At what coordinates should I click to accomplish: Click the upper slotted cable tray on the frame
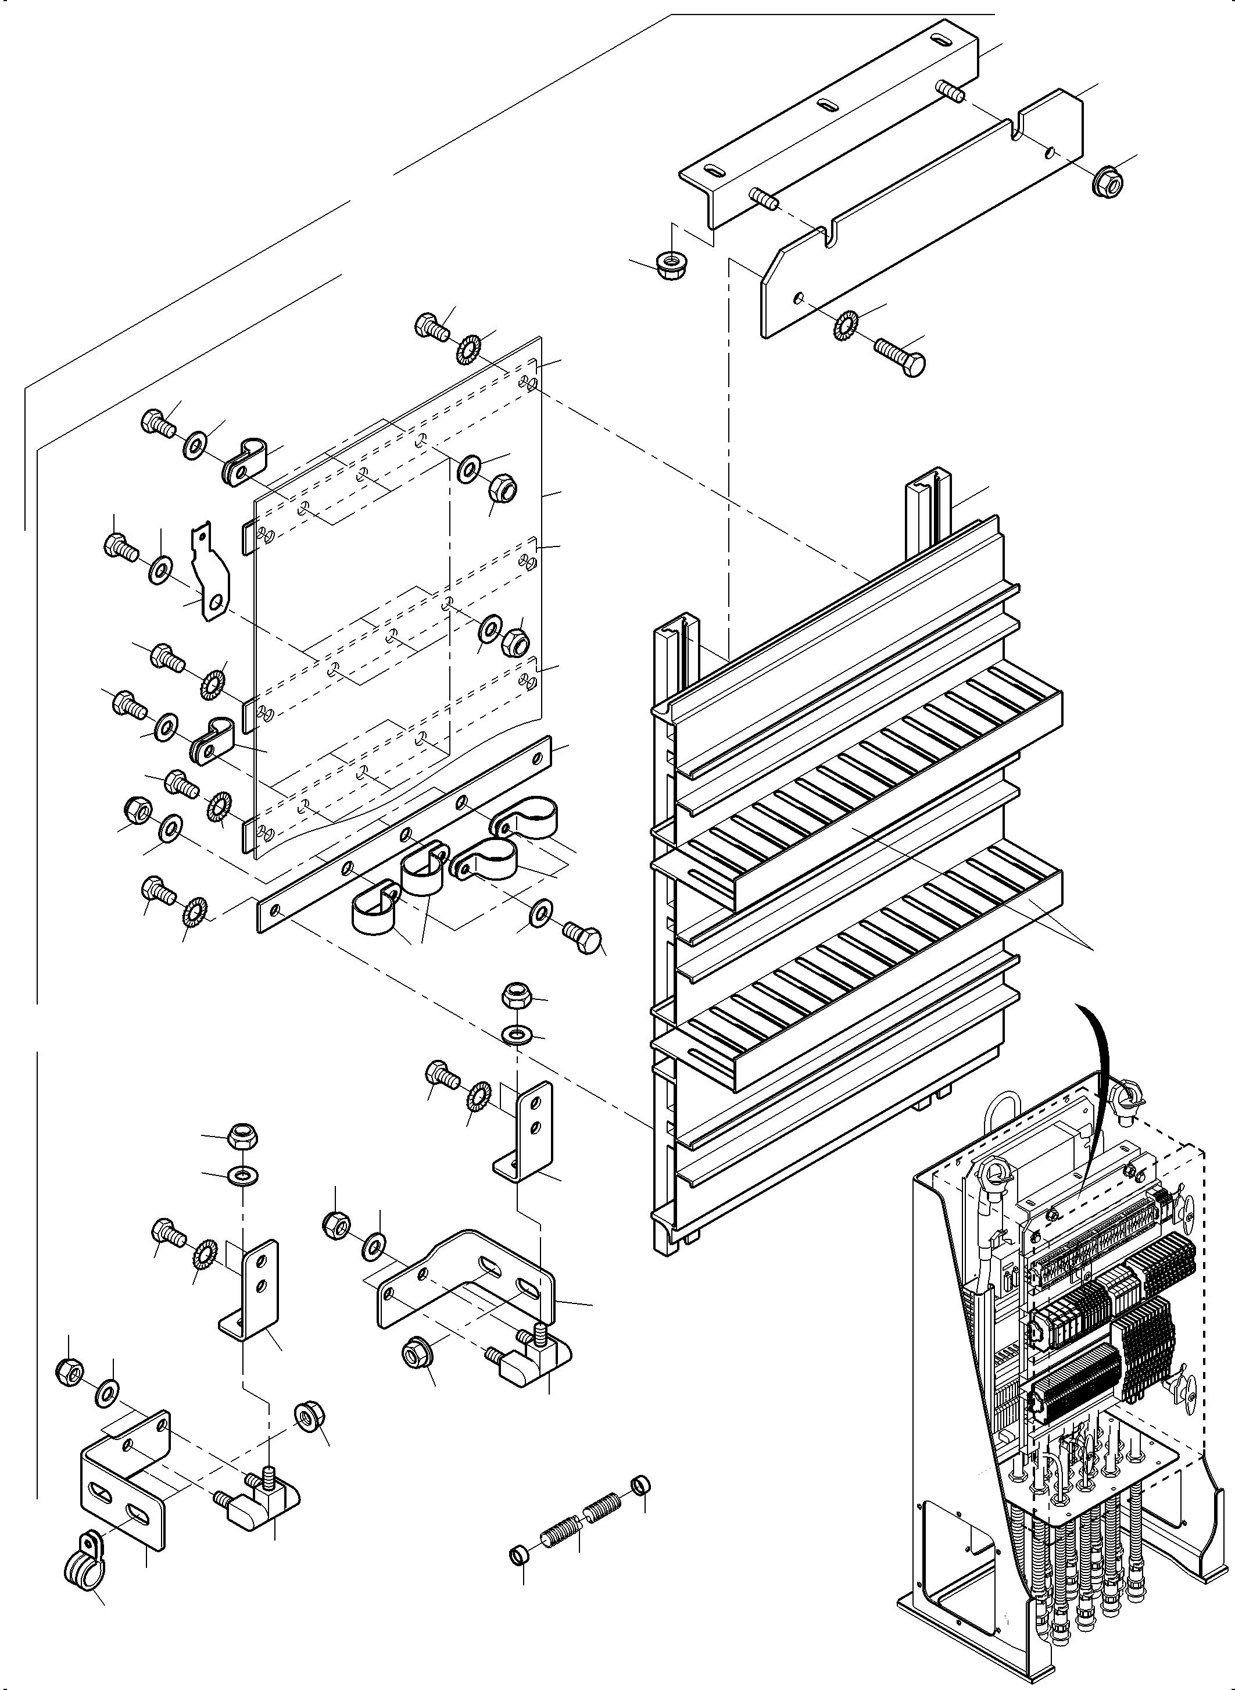(x=860, y=792)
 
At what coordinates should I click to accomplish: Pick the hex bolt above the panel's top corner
(x=431, y=327)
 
